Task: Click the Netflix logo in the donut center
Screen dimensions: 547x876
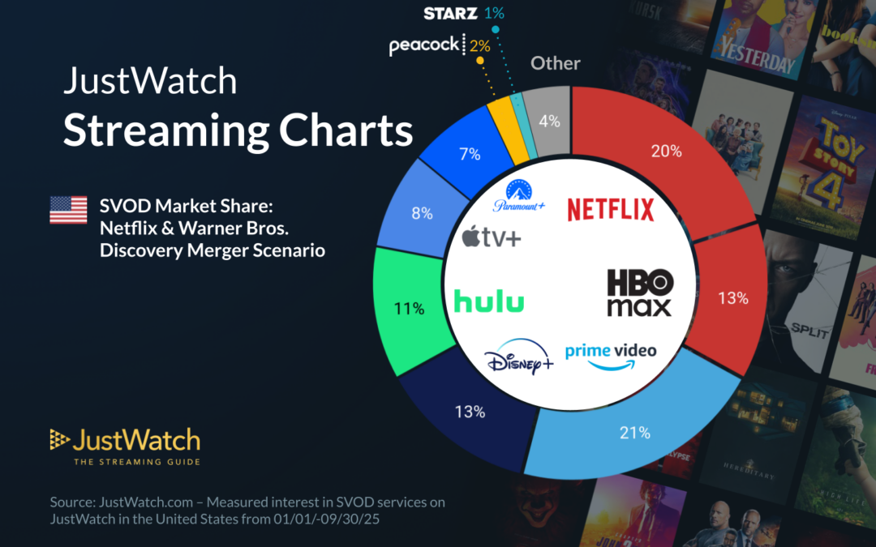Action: pos(610,209)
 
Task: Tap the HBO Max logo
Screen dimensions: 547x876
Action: pos(639,293)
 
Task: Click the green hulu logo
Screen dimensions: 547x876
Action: pos(489,301)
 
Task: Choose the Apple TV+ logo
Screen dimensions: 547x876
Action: pos(492,237)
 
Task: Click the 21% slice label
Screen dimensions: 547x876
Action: pos(635,433)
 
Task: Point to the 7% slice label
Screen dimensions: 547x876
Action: pos(470,154)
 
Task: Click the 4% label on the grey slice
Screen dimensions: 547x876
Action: pos(549,122)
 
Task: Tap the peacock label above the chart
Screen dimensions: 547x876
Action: pos(424,45)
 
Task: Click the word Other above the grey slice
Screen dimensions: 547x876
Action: pos(556,63)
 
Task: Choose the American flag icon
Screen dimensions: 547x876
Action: pos(68,210)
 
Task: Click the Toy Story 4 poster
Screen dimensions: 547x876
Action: pos(831,170)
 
